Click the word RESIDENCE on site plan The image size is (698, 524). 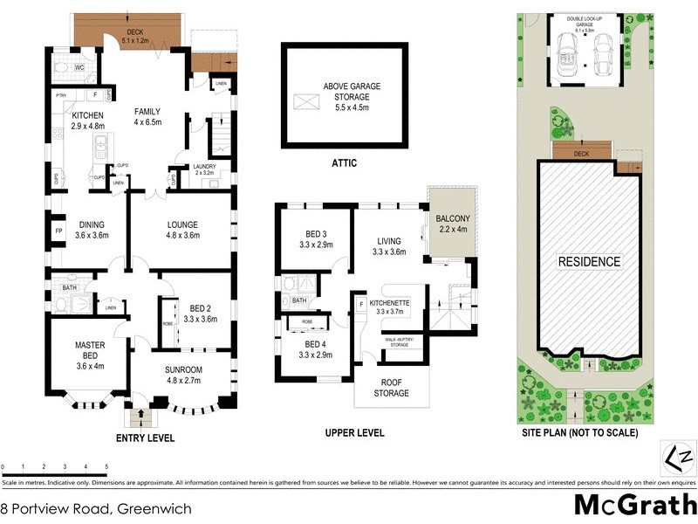click(589, 261)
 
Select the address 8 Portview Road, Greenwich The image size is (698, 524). click(96, 507)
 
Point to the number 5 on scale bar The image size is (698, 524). click(107, 467)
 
